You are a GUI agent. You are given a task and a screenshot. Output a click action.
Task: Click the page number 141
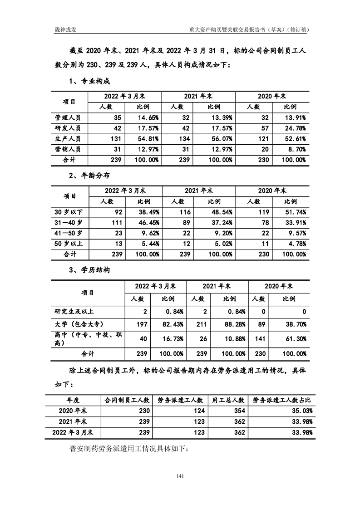click(x=180, y=476)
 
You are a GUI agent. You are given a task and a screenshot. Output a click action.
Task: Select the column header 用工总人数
click(x=228, y=400)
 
